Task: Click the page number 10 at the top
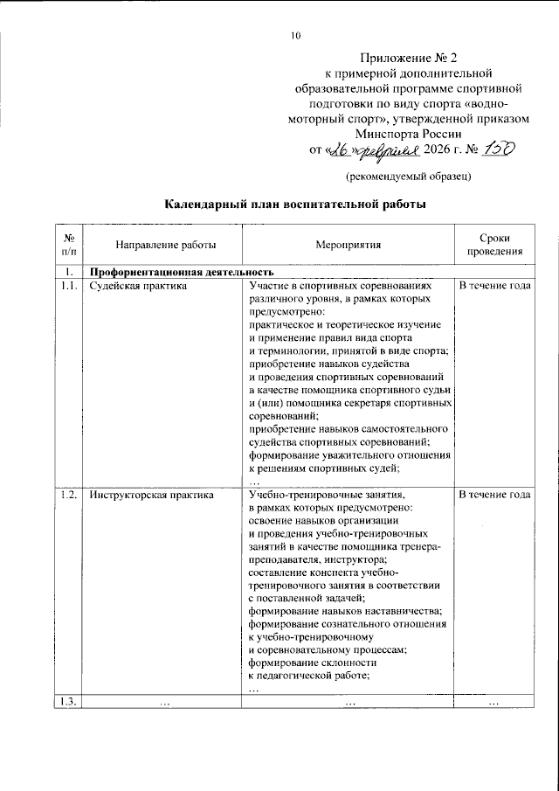point(295,36)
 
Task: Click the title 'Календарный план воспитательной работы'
point(296,205)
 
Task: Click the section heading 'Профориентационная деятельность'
point(176,272)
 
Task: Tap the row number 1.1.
point(68,286)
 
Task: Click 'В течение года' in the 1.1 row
point(494,286)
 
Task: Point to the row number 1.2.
point(68,495)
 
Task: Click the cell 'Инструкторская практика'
point(151,495)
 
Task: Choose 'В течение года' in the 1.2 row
point(494,495)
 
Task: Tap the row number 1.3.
point(68,702)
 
